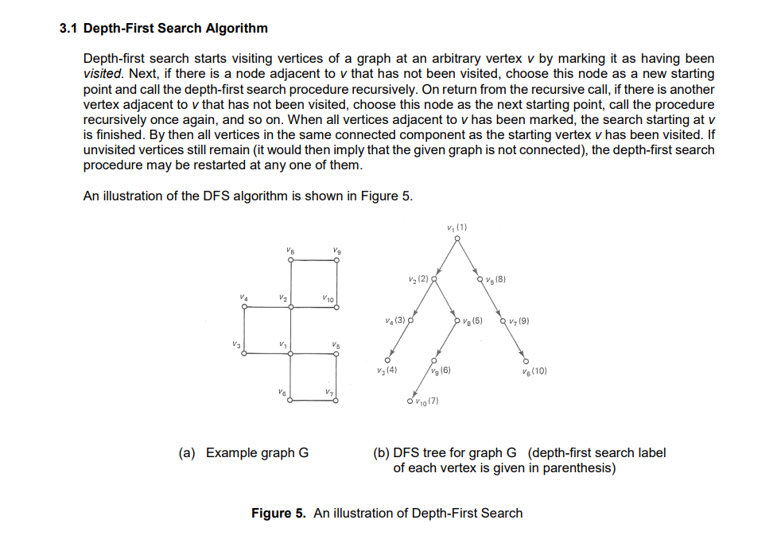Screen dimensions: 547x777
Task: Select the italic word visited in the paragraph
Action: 103,75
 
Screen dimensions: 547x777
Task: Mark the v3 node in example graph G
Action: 242,355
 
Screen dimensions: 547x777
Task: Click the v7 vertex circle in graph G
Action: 338,402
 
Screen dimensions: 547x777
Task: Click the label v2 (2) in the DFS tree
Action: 417,279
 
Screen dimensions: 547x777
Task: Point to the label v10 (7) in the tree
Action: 428,401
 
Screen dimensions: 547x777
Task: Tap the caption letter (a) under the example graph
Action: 188,453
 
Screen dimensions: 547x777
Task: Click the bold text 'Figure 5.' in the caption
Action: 278,514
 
